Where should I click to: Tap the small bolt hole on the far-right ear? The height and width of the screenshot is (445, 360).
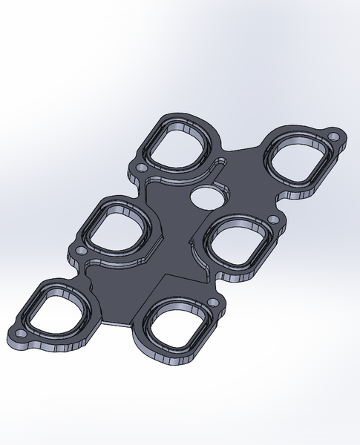(x=334, y=138)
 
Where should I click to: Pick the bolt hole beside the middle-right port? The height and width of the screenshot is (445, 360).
(x=274, y=220)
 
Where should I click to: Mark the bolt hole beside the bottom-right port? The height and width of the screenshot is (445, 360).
(x=215, y=303)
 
